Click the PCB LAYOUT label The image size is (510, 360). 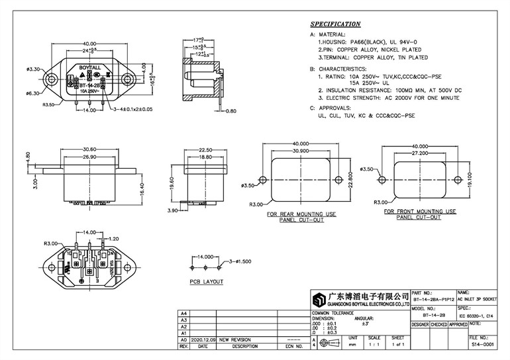coord(206,281)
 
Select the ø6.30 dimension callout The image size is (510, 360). coord(34,93)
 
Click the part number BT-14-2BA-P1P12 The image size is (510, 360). coord(432,299)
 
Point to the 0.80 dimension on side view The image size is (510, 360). coord(230,111)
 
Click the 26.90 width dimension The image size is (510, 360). coord(88,157)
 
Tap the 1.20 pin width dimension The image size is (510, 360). coord(113,238)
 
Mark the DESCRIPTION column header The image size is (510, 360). coord(244,345)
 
